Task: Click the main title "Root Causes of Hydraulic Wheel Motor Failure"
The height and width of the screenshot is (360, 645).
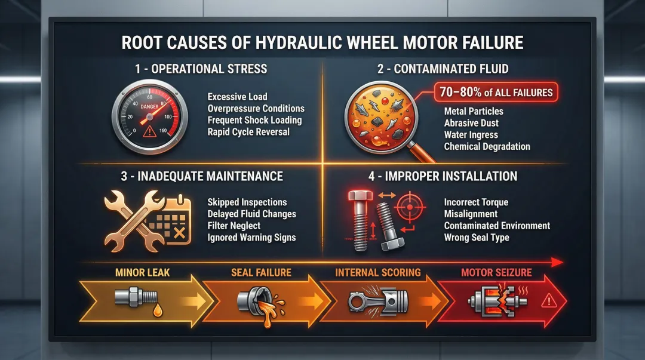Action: pos(322,43)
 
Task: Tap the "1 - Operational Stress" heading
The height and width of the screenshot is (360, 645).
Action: pos(201,68)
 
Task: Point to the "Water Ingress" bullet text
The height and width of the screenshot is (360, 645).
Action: pos(471,135)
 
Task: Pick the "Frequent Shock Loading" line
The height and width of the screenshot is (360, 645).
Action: pos(254,120)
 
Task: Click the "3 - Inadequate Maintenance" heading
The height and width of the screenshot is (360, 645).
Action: pos(201,176)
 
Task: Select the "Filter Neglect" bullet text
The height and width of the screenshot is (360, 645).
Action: pos(234,226)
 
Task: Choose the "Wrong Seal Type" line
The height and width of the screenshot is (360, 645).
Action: pos(477,237)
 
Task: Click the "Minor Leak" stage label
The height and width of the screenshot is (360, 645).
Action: pos(142,273)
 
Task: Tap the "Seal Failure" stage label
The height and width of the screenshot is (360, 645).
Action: pos(261,273)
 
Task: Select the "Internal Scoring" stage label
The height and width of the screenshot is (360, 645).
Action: pos(377,273)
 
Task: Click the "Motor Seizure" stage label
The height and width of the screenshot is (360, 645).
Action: pos(496,273)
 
